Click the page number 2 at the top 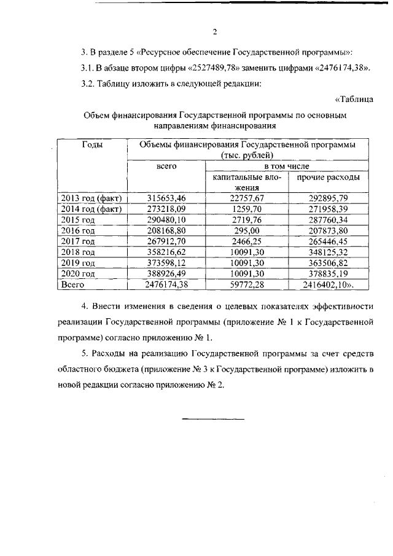pos(215,33)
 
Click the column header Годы pos(91,144)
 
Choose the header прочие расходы pos(328,178)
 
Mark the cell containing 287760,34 pos(328,219)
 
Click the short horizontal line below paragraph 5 pos(213,419)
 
